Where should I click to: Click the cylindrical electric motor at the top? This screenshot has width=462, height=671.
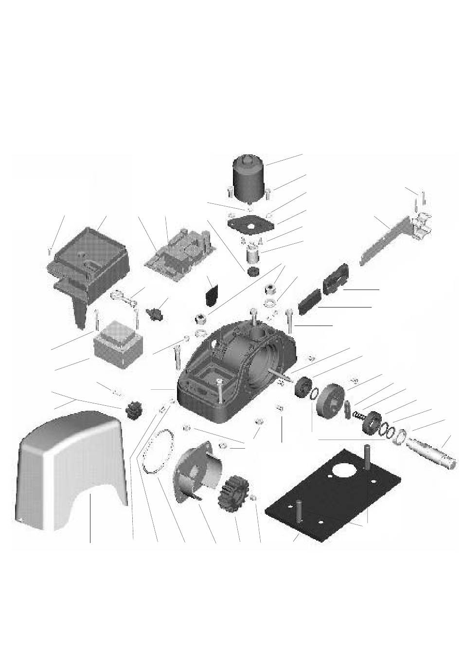(249, 177)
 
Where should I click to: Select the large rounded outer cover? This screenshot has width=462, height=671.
(68, 467)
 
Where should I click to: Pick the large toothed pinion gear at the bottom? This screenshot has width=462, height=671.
(237, 492)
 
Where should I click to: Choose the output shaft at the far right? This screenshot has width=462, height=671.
(433, 450)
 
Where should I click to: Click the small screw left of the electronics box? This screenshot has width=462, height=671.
(51, 251)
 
